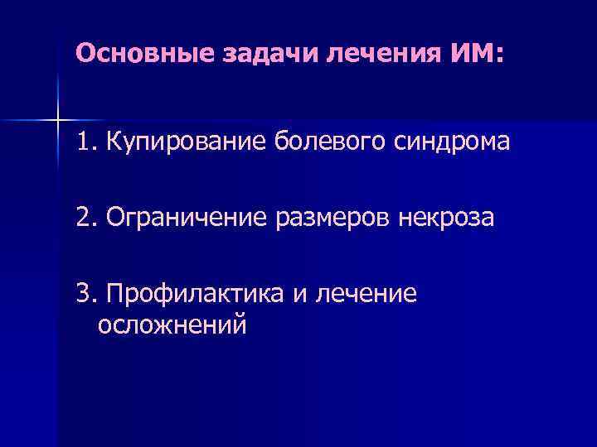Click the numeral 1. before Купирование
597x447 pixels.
87,142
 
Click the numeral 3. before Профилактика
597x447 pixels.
87,295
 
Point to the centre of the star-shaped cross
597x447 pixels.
57,121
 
